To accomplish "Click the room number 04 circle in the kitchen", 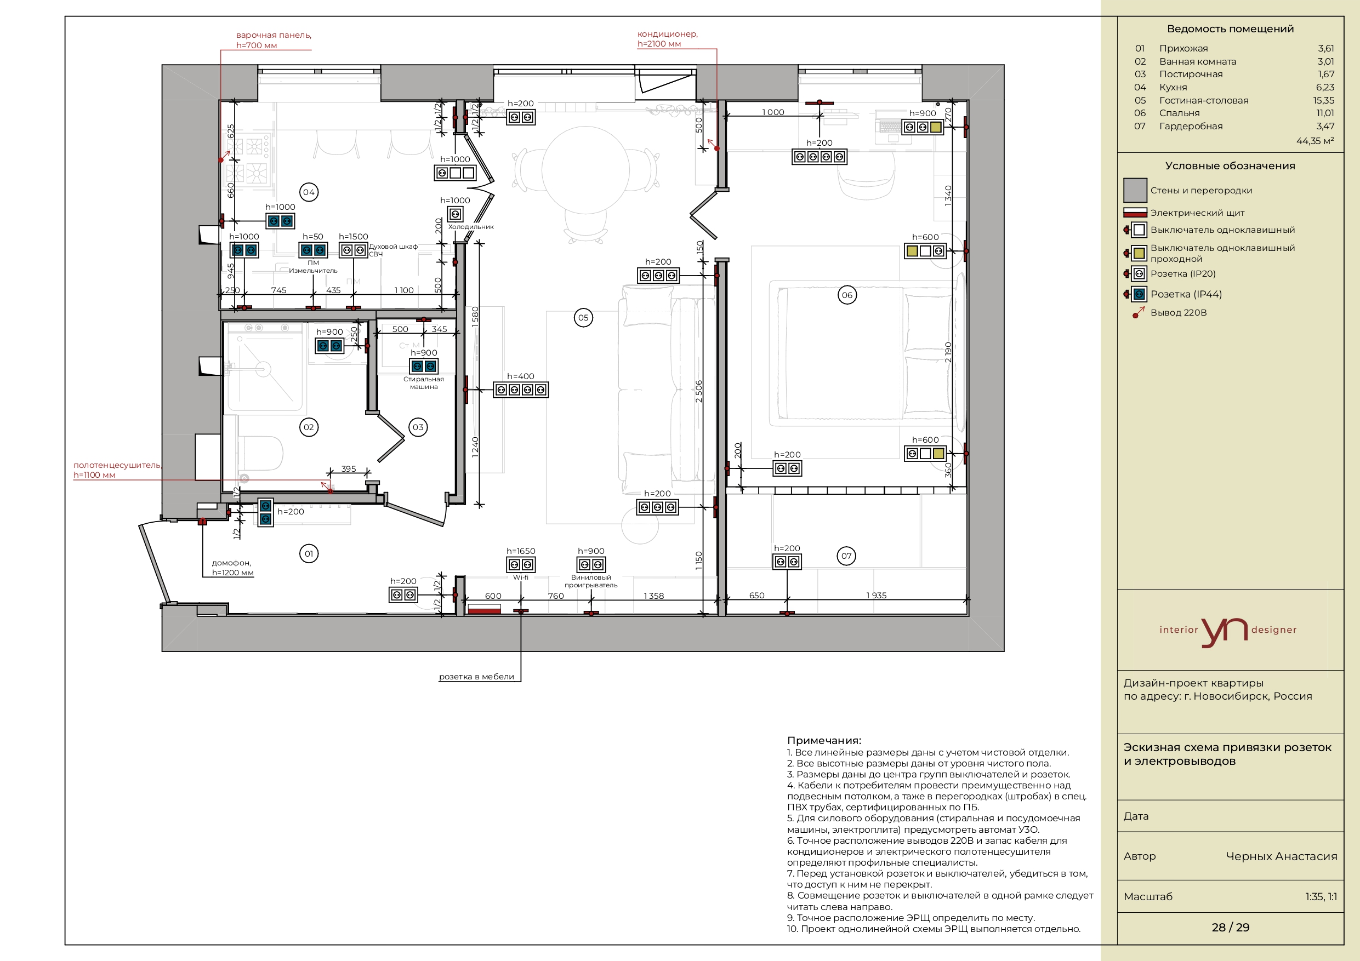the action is pos(309,192).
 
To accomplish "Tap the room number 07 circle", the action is pos(846,556).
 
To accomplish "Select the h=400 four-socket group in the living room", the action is pos(521,390).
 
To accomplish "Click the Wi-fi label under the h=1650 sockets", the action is pos(521,577).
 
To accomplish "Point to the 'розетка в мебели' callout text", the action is pos(476,676).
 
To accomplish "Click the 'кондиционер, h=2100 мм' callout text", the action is pos(668,38).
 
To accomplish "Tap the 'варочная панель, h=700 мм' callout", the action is pos(274,39).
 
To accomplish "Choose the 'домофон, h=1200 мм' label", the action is pos(232,567).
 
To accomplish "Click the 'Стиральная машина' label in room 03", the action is pos(424,382).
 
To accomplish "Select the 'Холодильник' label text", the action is pos(471,227).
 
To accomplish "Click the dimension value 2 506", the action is pos(699,391).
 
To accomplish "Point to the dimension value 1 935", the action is pos(876,595).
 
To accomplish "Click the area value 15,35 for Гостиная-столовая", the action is pos(1323,100).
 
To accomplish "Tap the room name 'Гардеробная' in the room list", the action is pos(1191,126).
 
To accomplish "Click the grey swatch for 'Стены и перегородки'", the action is pos(1135,190).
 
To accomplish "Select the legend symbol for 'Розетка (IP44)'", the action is pos(1135,294).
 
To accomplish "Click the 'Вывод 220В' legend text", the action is pos(1178,312).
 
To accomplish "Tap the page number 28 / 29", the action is pos(1230,927).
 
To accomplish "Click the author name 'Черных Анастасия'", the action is pos(1281,856).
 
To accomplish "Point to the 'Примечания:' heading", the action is pos(824,740).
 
